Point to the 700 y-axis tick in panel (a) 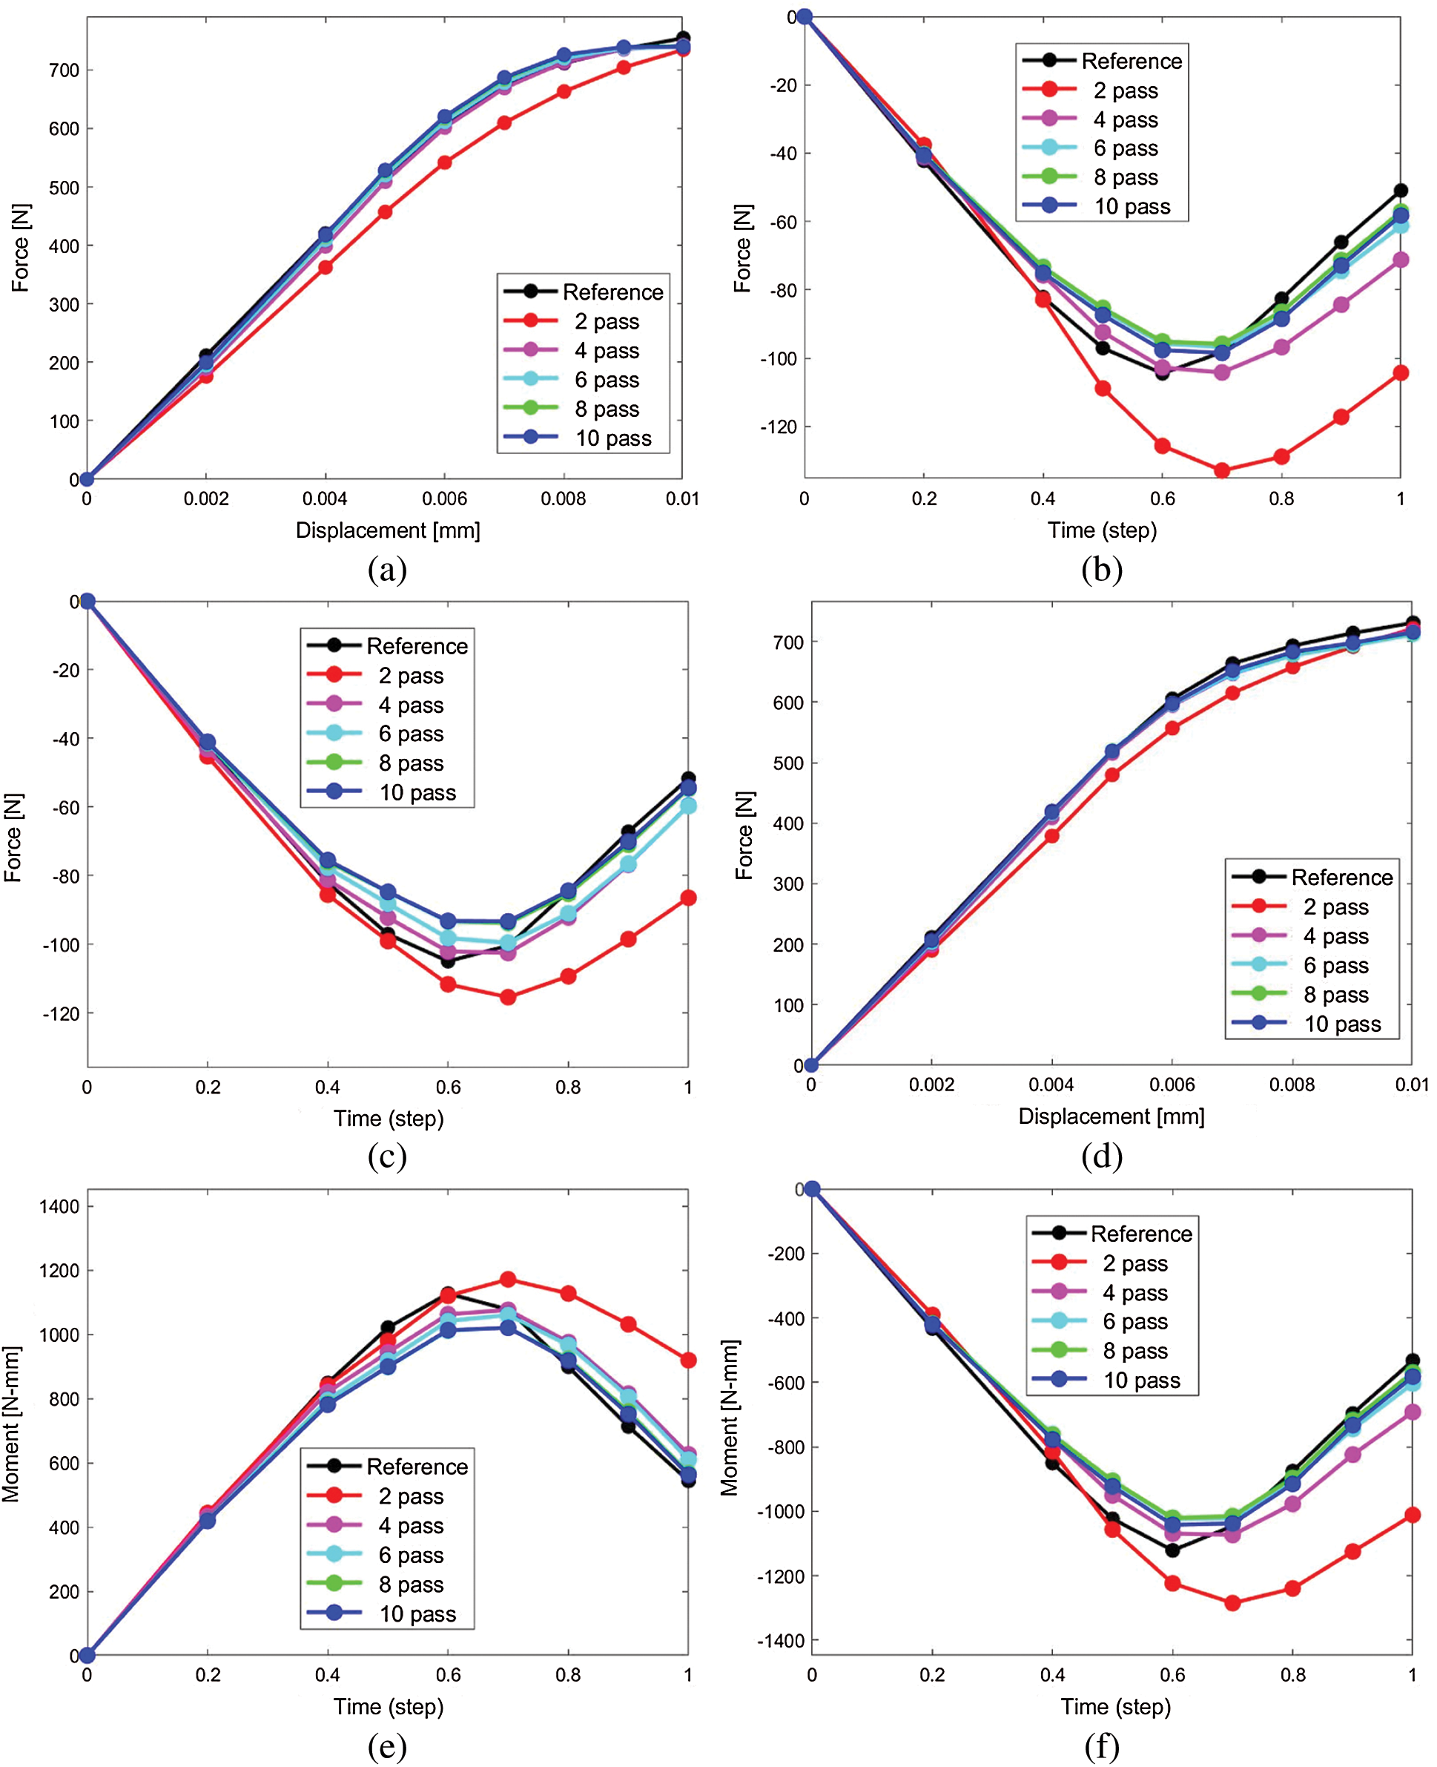pos(64,70)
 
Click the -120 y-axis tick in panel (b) pos(776,427)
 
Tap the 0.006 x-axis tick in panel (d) pos(1172,1085)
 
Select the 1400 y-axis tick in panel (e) pos(59,1206)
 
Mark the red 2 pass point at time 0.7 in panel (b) pos(1222,470)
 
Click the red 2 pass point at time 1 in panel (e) pos(688,1360)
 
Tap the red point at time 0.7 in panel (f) pos(1232,1603)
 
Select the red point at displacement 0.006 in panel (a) pos(444,162)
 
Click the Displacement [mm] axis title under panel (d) pos(1111,1116)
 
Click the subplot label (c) pos(387,1156)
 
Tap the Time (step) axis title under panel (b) pos(1102,530)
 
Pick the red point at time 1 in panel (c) pos(688,898)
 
